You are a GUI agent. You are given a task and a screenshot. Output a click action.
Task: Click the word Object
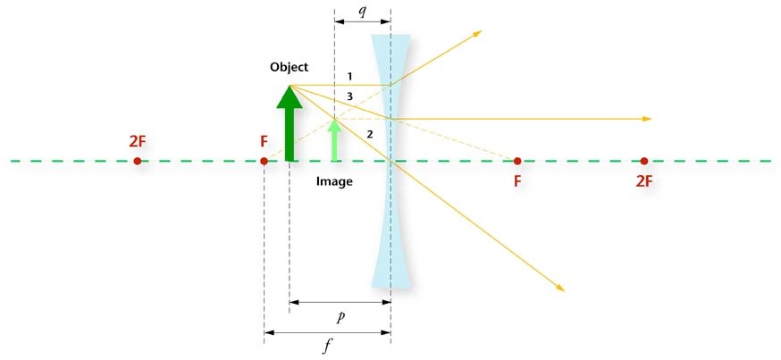pyautogui.click(x=290, y=67)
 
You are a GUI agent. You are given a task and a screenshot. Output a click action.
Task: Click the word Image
pyautogui.click(x=334, y=181)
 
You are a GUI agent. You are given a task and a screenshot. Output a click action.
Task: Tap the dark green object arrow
pyautogui.click(x=290, y=123)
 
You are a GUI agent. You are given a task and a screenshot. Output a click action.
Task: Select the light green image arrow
pyautogui.click(x=335, y=140)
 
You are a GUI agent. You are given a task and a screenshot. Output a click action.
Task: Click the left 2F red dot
pyautogui.click(x=138, y=161)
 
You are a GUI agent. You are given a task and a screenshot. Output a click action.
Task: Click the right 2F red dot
pyautogui.click(x=644, y=161)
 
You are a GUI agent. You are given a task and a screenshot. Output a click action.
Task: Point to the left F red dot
pyautogui.click(x=264, y=161)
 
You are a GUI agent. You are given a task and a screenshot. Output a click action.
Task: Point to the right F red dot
pyautogui.click(x=517, y=161)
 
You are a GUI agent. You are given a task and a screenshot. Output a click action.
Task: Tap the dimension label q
pyautogui.click(x=363, y=11)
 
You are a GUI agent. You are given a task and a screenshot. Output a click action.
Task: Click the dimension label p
pyautogui.click(x=340, y=318)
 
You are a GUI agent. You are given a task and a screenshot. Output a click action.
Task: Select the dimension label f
pyautogui.click(x=327, y=347)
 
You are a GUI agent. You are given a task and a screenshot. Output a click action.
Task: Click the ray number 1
pyautogui.click(x=349, y=77)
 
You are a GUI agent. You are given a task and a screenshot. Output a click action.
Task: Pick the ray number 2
pyautogui.click(x=370, y=134)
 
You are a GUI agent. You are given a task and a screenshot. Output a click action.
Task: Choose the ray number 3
pyautogui.click(x=349, y=97)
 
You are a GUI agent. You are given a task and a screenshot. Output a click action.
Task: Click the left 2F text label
pyautogui.click(x=138, y=141)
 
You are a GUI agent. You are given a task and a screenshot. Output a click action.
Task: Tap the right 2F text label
pyautogui.click(x=644, y=181)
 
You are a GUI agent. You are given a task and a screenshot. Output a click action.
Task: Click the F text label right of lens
pyautogui.click(x=517, y=181)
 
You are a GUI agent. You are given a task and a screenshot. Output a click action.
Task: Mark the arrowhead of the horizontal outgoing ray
pyautogui.click(x=647, y=119)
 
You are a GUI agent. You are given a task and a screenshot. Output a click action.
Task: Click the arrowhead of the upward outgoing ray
pyautogui.click(x=477, y=33)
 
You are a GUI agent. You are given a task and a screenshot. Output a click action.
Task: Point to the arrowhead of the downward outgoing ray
pyautogui.click(x=560, y=288)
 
